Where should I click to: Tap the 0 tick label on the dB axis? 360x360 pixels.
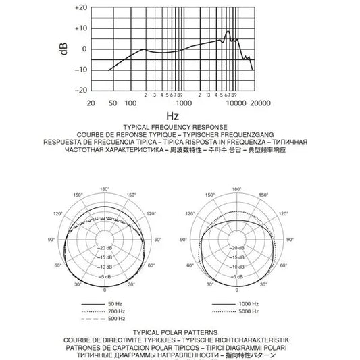tap(84, 49)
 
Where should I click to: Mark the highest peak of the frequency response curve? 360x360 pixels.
tap(228, 31)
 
